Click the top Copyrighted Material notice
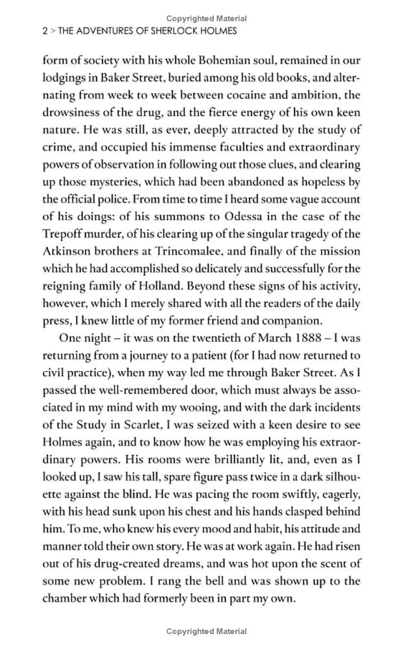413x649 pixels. pos(206,18)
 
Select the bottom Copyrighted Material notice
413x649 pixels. pos(206,631)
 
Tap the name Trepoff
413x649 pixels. pos(65,233)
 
